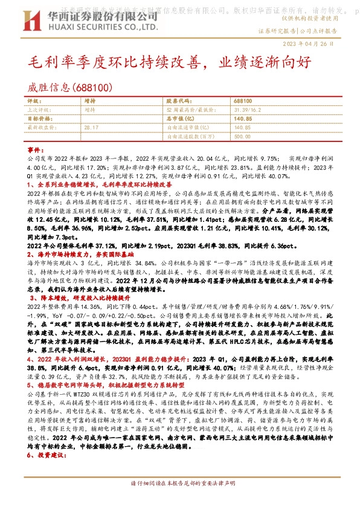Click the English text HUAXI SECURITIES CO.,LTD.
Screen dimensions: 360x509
click(x=85, y=28)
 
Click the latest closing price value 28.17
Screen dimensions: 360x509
click(x=91, y=128)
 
